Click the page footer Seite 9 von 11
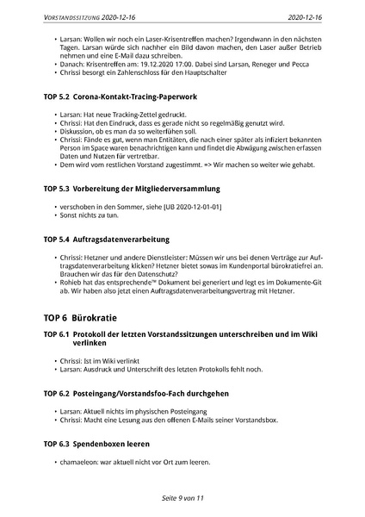pos(181,498)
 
